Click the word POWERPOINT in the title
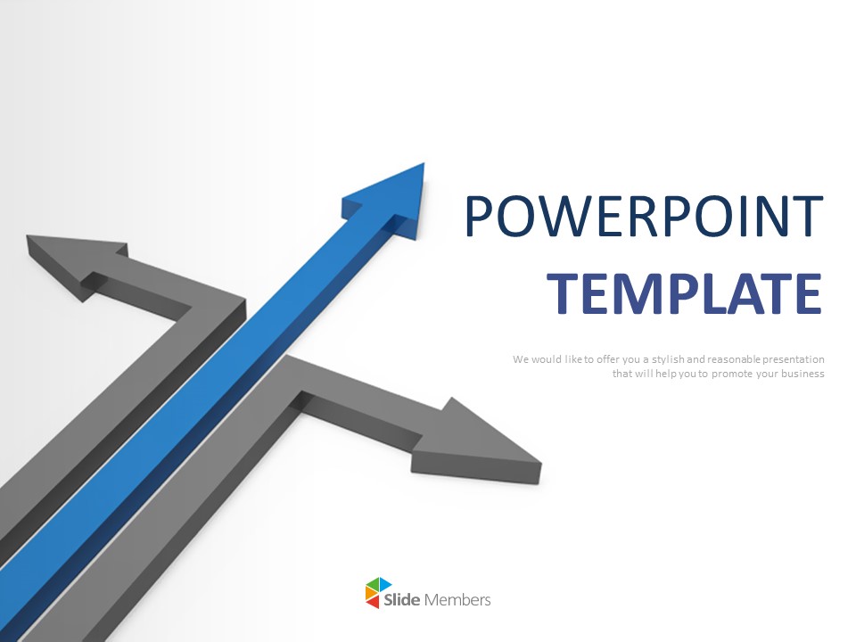[644, 216]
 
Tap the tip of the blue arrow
[424, 163]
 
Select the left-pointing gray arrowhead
[77, 262]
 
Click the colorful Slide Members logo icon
[378, 593]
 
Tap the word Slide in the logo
[402, 599]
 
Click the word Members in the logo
[457, 599]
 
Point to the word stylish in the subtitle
[668, 359]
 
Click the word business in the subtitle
[802, 374]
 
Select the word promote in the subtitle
[730, 374]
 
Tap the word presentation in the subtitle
[794, 359]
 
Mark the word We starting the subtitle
[521, 359]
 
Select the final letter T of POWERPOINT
[807, 216]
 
